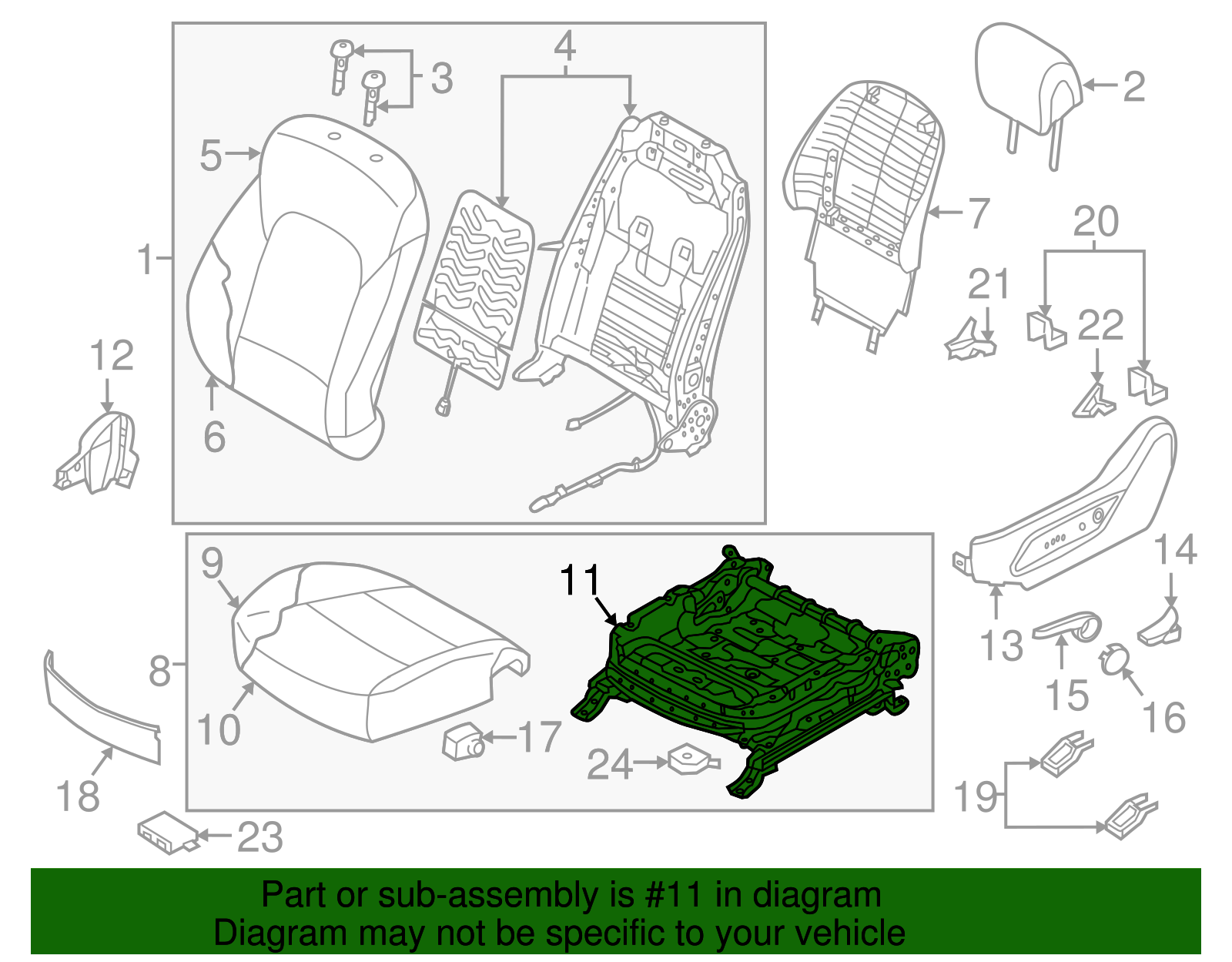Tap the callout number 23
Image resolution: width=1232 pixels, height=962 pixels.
tap(260, 837)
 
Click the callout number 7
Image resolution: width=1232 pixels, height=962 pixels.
tap(978, 213)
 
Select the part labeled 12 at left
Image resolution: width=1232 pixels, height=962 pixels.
tap(100, 454)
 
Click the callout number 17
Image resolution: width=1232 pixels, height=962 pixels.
tap(541, 737)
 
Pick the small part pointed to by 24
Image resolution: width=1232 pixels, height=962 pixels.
tap(691, 759)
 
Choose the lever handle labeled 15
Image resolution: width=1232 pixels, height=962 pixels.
tap(1066, 627)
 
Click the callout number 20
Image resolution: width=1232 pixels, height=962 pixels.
tap(1095, 223)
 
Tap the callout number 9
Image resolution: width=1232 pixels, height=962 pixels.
tap(212, 564)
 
